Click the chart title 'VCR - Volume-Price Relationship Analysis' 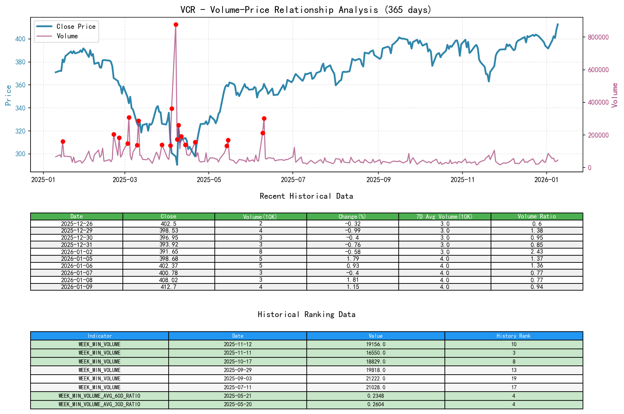(306, 10)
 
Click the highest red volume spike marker (176, 25)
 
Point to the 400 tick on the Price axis (20, 39)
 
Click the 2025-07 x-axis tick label (293, 180)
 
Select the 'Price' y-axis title (8, 95)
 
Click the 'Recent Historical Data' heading (306, 196)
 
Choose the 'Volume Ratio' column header (536, 216)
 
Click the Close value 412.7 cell (169, 287)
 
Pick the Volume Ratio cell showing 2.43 (536, 252)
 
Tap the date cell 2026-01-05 (77, 259)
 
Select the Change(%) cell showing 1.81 (353, 280)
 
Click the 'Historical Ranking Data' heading (306, 315)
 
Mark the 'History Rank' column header (513, 336)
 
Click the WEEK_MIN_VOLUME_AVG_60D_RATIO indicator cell (99, 396)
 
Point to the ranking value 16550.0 (376, 353)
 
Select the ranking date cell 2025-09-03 (238, 378)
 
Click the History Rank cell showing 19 (513, 378)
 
